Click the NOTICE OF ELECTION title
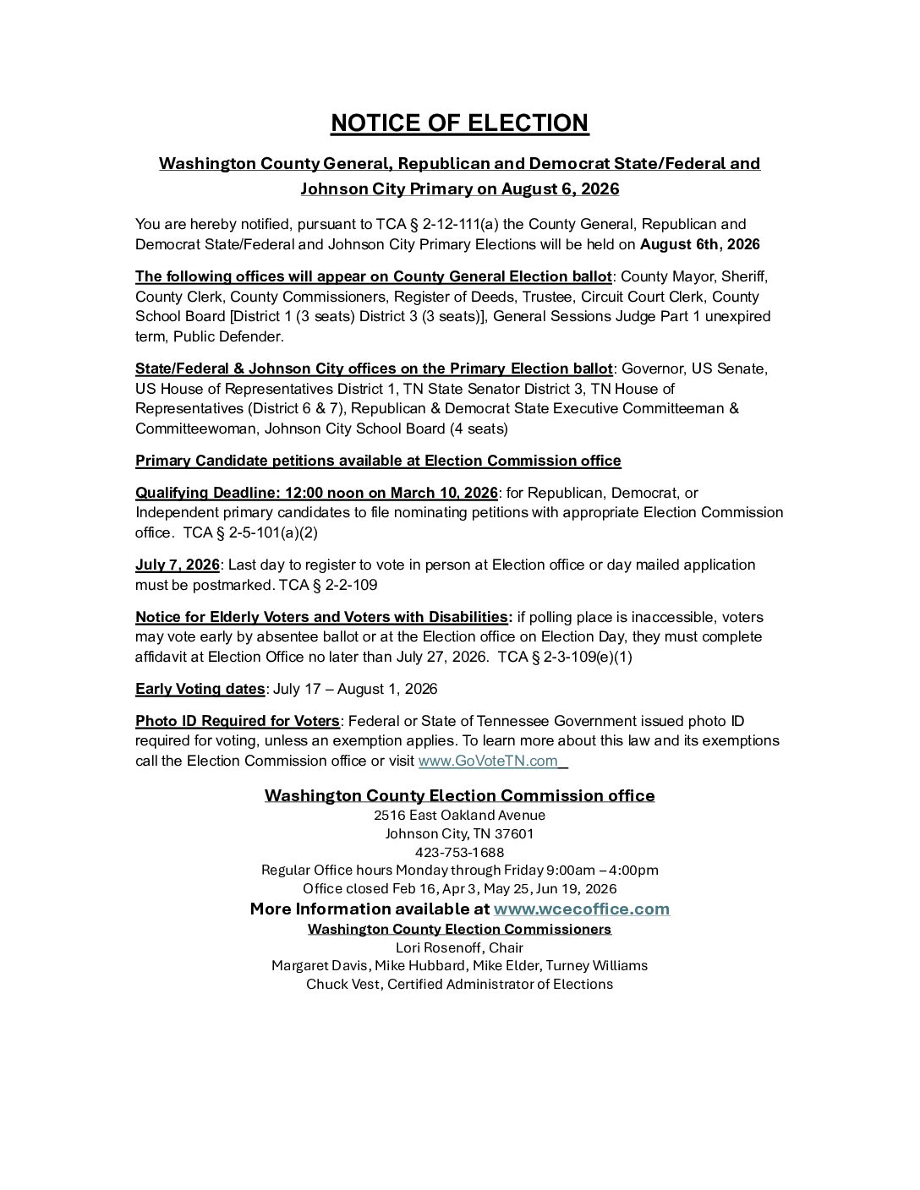(459, 123)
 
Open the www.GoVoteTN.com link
(488, 761)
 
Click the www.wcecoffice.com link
(581, 909)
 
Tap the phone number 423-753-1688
(459, 852)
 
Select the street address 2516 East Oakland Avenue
(459, 816)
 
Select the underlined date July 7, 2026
(177, 565)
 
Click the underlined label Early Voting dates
(200, 689)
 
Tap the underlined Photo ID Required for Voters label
(237, 721)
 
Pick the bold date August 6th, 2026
(699, 245)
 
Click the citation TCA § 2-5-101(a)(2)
(250, 532)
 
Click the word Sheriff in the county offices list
(743, 276)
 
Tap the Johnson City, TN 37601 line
(459, 833)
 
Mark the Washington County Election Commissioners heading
(459, 929)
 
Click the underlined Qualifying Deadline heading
(316, 493)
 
